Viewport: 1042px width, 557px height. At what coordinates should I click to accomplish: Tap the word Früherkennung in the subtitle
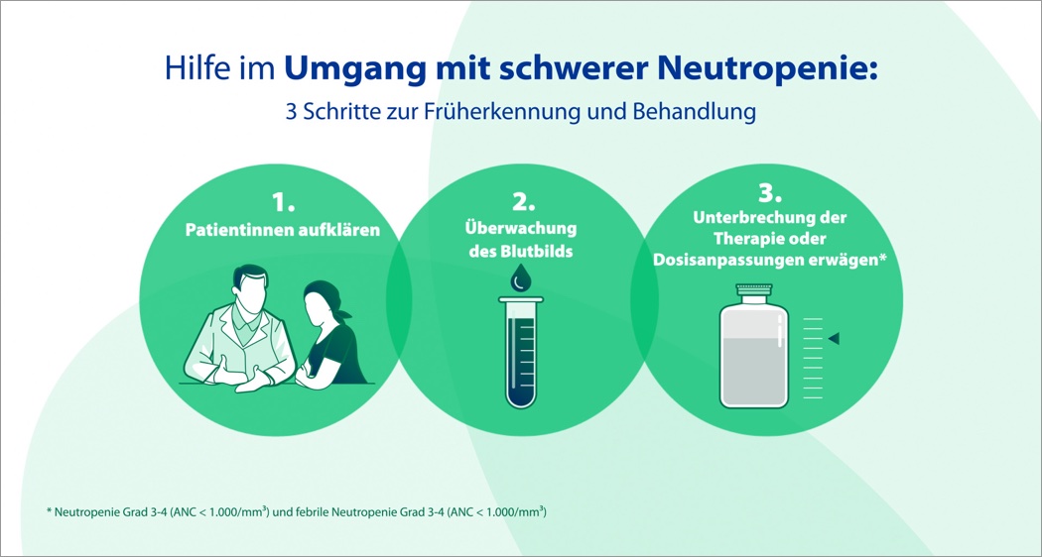(x=500, y=112)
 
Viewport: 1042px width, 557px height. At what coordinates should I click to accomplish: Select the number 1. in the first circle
(x=283, y=202)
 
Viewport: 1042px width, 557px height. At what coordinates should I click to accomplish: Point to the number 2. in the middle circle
(x=521, y=202)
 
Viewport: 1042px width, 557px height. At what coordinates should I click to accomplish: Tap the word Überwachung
(x=521, y=229)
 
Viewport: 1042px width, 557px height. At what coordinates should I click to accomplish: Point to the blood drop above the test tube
(x=520, y=279)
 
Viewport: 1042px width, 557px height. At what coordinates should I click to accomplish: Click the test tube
(x=521, y=353)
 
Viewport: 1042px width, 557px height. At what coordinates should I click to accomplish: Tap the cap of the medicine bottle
(x=754, y=289)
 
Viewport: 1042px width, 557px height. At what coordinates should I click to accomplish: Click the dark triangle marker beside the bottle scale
(x=834, y=339)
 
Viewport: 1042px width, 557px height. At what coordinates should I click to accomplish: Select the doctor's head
(x=249, y=286)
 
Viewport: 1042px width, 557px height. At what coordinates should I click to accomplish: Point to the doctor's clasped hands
(x=239, y=373)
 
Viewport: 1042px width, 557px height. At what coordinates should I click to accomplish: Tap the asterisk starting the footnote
(x=49, y=511)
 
